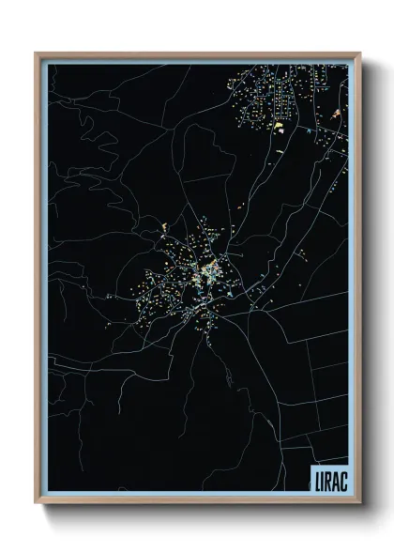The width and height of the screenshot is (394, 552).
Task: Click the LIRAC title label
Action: (327, 477)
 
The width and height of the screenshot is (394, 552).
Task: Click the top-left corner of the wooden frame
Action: (36, 54)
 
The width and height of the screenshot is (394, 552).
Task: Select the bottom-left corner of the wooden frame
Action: (36, 502)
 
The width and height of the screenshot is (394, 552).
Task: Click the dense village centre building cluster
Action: (212, 272)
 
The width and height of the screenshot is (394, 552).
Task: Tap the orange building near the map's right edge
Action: (337, 114)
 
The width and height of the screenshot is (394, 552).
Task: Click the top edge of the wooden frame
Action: (197, 54)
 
